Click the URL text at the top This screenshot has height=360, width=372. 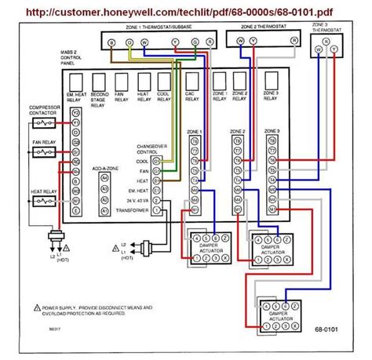click(x=185, y=13)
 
